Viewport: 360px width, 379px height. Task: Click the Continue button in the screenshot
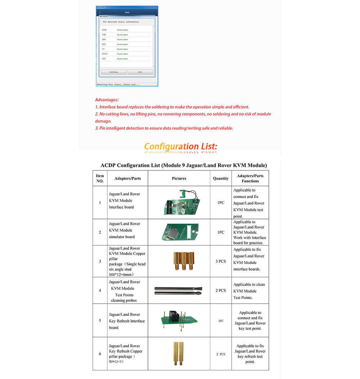click(113, 72)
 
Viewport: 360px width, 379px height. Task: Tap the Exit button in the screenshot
click(140, 72)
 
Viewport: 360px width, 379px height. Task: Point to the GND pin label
click(104, 30)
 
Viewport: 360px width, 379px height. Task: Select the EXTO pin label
click(105, 54)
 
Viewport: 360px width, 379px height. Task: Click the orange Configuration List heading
click(181, 146)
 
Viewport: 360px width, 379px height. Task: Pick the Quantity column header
click(221, 178)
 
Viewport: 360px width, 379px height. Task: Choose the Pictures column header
click(179, 178)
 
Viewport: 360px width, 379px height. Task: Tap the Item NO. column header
click(100, 178)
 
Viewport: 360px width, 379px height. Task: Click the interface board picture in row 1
click(179, 203)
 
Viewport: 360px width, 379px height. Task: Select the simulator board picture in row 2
click(179, 232)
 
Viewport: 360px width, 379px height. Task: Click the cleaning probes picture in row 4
click(179, 291)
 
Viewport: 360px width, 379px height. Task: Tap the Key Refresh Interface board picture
click(179, 320)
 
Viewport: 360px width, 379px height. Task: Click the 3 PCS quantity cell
click(221, 261)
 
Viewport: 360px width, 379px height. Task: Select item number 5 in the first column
click(100, 320)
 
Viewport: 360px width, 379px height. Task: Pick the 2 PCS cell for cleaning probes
click(221, 291)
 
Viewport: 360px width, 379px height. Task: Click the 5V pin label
click(103, 49)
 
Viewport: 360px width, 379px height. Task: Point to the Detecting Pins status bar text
click(118, 85)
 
